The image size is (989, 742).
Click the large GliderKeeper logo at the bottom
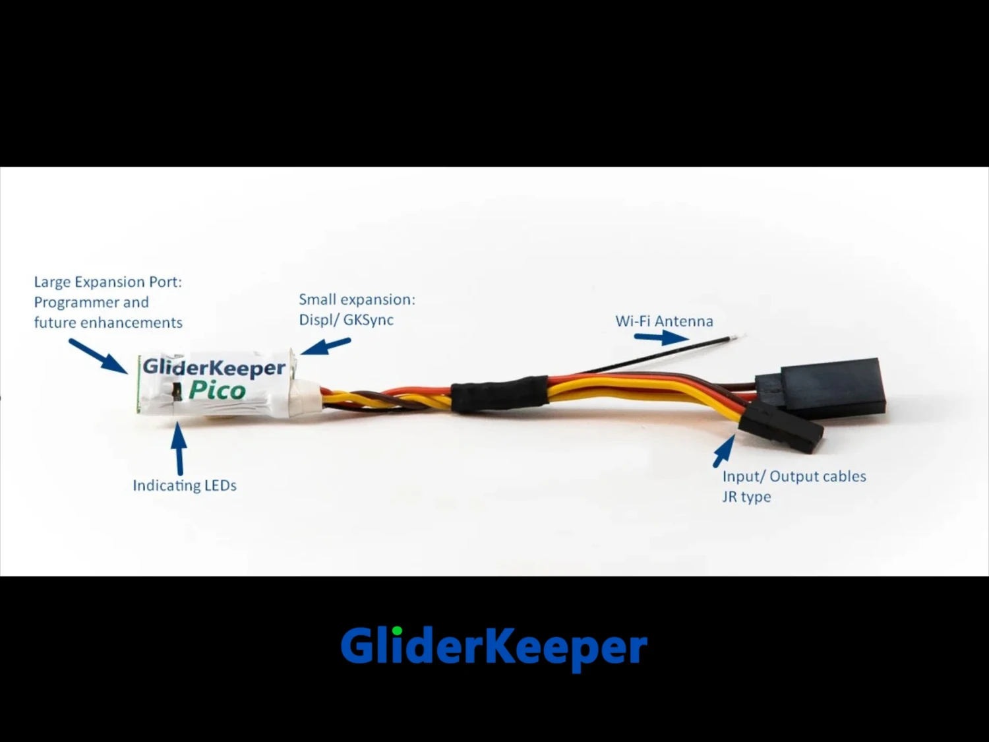point(494,648)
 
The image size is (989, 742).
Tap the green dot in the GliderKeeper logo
point(397,631)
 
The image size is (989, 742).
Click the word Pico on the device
point(217,390)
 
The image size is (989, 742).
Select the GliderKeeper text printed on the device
point(214,367)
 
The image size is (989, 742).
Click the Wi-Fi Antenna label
point(664,321)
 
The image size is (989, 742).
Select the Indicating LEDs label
point(185,485)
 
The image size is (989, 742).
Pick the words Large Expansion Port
point(108,282)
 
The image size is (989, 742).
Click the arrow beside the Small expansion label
point(326,346)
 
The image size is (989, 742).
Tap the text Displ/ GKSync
point(346,320)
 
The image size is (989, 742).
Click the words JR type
point(746,497)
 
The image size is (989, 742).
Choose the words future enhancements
point(108,323)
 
